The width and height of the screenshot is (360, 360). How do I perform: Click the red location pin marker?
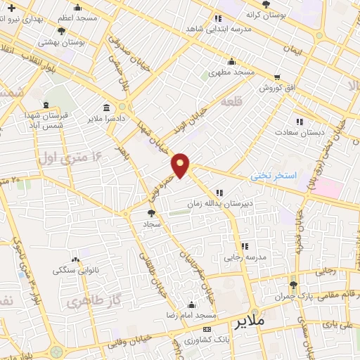(181, 166)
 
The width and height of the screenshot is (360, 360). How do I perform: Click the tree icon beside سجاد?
(151, 212)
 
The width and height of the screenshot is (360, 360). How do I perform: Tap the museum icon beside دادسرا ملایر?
(106, 108)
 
